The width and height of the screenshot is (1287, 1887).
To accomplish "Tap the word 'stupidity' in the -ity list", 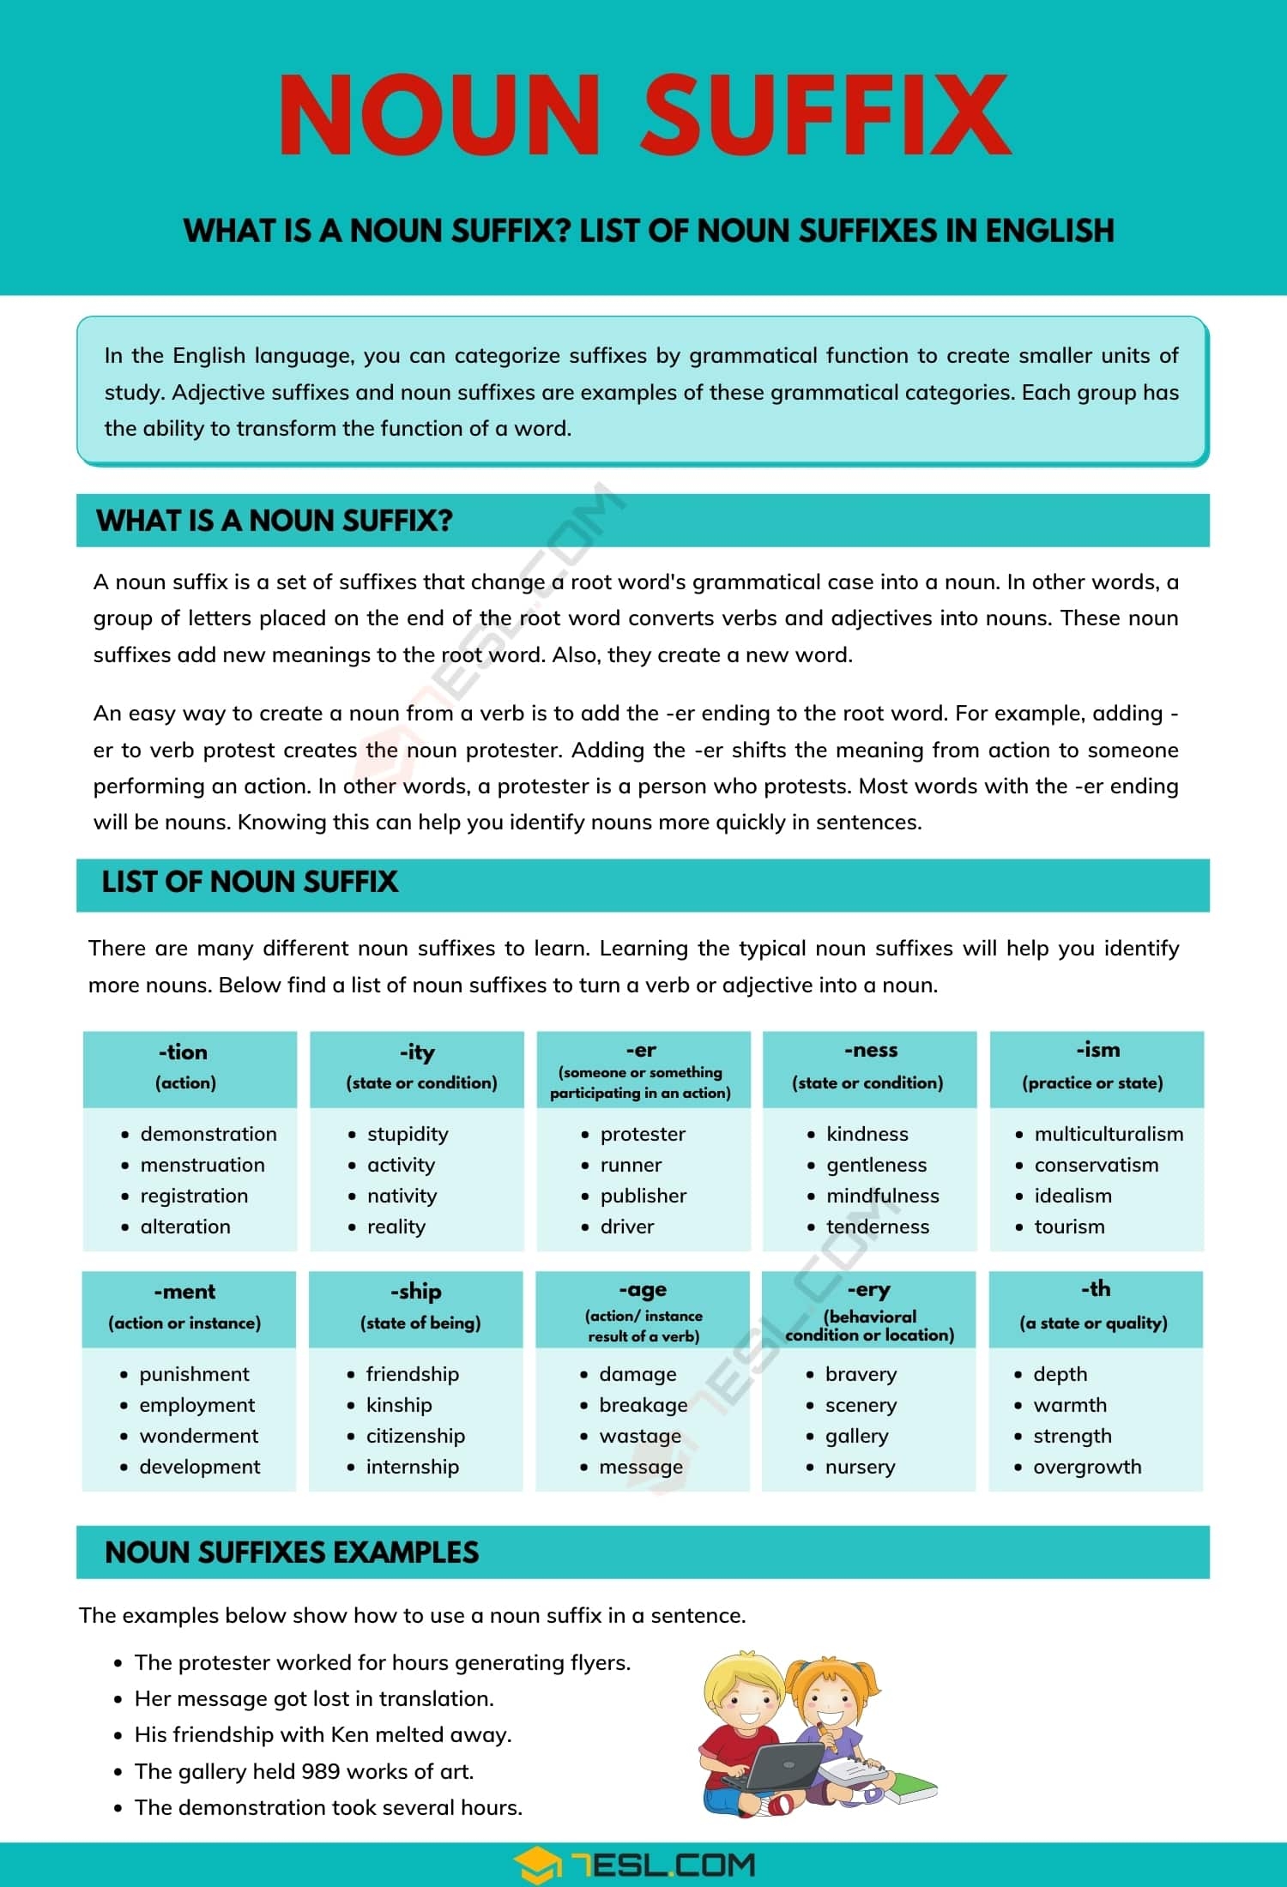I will tap(408, 1134).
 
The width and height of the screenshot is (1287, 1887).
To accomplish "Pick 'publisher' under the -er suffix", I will tap(643, 1196).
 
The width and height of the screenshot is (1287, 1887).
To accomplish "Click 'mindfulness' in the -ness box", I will tap(882, 1196).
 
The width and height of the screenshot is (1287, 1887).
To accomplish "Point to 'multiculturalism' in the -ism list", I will tap(1109, 1134).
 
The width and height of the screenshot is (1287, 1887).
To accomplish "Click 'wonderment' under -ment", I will tap(199, 1436).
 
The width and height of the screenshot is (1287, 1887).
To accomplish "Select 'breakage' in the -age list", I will tap(643, 1405).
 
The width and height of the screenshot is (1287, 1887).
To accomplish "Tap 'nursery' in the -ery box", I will tap(860, 1467).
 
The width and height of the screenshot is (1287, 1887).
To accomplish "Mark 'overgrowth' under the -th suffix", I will tap(1087, 1467).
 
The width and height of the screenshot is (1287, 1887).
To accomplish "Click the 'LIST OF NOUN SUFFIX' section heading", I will tap(250, 882).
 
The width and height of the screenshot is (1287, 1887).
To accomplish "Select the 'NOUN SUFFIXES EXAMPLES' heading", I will tap(292, 1552).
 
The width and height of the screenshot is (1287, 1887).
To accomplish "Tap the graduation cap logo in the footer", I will tap(538, 1865).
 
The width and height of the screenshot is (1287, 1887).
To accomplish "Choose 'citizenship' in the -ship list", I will tap(415, 1436).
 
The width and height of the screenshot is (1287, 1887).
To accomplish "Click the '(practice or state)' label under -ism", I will tap(1092, 1082).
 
